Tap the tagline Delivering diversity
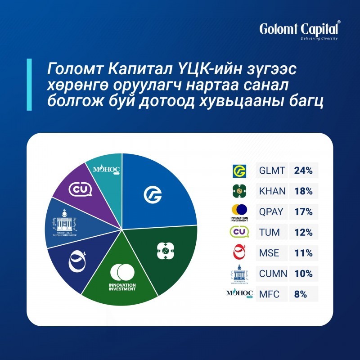pyautogui.click(x=319, y=38)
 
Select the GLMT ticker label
pyautogui.click(x=272, y=171)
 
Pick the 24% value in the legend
pyautogui.click(x=303, y=171)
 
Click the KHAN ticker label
pyautogui.click(x=272, y=191)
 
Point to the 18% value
pyautogui.click(x=303, y=191)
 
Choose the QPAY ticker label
pyautogui.click(x=272, y=212)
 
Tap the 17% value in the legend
pyautogui.click(x=303, y=212)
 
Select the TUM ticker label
pyautogui.click(x=270, y=232)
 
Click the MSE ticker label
pyautogui.click(x=269, y=253)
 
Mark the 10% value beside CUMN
pyautogui.click(x=303, y=274)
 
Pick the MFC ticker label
pyautogui.click(x=269, y=294)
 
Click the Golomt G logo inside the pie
pyautogui.click(x=153, y=194)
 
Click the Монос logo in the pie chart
pyautogui.click(x=106, y=170)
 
